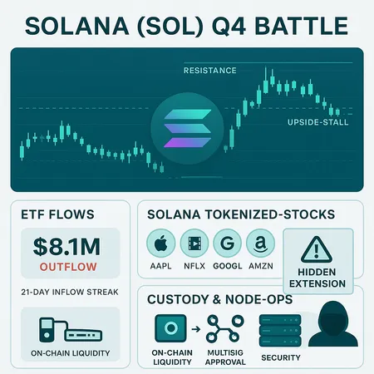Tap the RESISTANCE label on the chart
[207, 71]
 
